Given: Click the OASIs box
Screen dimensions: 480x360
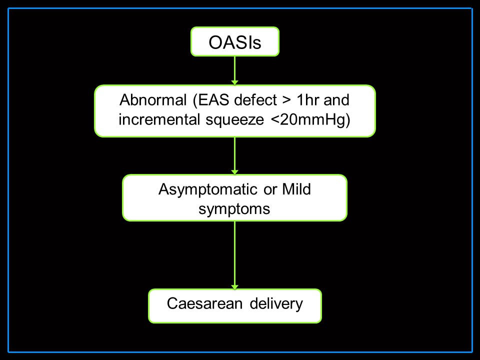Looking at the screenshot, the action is point(235,41).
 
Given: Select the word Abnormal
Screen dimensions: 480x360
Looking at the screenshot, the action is point(153,100).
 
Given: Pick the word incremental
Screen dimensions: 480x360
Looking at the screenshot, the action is point(159,119).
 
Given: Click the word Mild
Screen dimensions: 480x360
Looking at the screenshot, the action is point(296,189).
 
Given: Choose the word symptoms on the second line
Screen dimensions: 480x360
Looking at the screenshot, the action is point(234,209).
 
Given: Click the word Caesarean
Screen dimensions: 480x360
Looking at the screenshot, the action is point(204,304).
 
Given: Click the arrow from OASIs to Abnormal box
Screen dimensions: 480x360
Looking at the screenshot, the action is point(235,70).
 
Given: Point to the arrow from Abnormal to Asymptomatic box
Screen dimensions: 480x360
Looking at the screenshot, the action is point(235,156).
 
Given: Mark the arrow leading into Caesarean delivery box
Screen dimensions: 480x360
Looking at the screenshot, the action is point(235,255).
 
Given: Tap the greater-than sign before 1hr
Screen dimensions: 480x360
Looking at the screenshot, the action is point(287,100).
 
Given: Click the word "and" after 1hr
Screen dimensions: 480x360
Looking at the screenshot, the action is point(336,100).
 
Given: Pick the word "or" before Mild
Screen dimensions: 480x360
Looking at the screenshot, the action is point(270,190).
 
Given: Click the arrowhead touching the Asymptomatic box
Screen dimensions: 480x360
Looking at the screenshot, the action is point(235,172).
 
